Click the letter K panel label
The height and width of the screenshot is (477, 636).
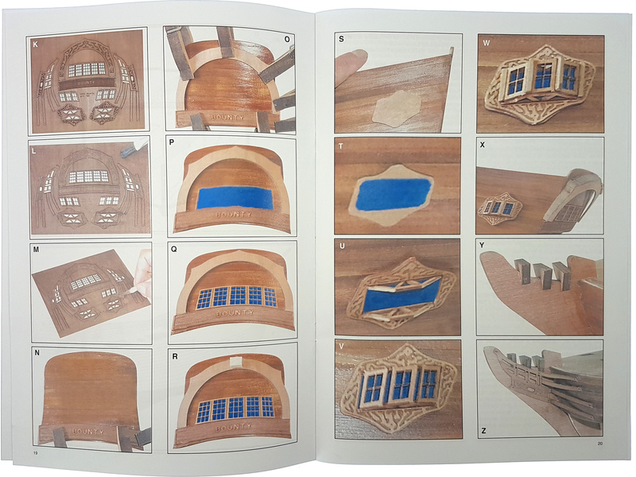pyautogui.click(x=35, y=45)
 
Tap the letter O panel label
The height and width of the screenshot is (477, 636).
pyautogui.click(x=287, y=39)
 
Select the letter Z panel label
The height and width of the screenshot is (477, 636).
pyautogui.click(x=483, y=431)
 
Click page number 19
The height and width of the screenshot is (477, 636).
pyautogui.click(x=35, y=453)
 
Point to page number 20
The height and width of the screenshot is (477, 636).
pyautogui.click(x=600, y=444)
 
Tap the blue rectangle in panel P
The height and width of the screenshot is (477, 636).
pyautogui.click(x=235, y=197)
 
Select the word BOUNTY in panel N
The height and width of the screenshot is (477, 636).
pyautogui.click(x=87, y=432)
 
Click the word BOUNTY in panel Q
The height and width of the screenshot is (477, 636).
pyautogui.click(x=235, y=313)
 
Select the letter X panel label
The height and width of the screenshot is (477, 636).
pyautogui.click(x=483, y=145)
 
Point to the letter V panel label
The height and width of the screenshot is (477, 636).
pyautogui.click(x=341, y=346)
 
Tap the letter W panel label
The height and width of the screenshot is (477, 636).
pyautogui.click(x=486, y=43)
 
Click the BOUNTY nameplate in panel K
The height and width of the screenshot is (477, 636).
pyautogui.click(x=86, y=83)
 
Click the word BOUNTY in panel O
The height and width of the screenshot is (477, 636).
pyautogui.click(x=227, y=117)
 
